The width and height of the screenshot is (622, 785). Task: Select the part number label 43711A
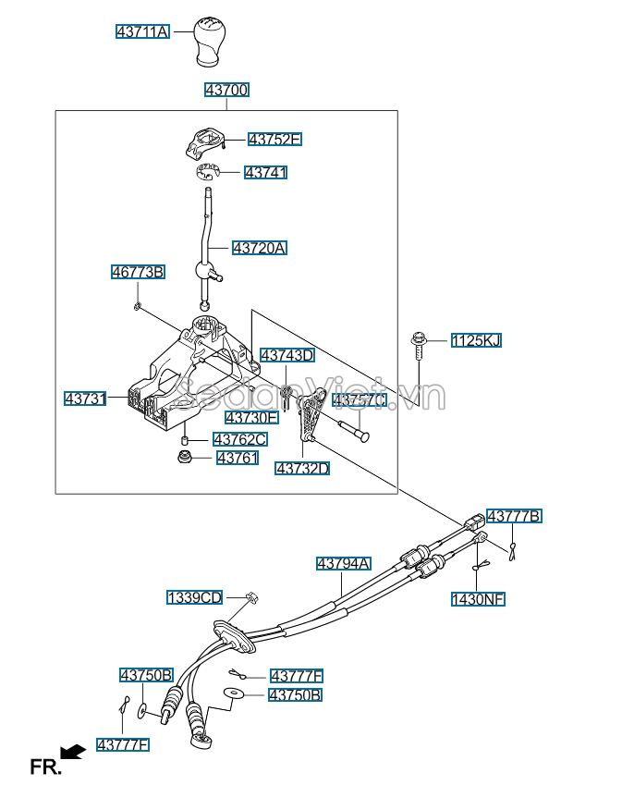point(142,31)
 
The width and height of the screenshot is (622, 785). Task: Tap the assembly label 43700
point(226,90)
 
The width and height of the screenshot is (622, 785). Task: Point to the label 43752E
point(274,140)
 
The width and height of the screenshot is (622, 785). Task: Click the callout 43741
point(265,172)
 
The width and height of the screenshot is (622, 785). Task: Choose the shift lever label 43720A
point(260,248)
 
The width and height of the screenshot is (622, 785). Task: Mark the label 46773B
point(138,272)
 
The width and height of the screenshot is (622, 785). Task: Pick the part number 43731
point(86,399)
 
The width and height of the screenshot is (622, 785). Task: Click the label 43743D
point(287,355)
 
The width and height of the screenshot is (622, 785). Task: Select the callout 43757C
point(359,399)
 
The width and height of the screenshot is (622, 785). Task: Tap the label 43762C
point(239,439)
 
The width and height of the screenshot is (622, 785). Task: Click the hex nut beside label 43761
point(185,457)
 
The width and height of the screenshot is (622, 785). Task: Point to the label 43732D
point(302,469)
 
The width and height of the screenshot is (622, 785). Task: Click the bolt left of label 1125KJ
point(419,347)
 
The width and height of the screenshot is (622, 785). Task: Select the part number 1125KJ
point(476,341)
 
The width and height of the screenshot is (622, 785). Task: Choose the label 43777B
point(514,516)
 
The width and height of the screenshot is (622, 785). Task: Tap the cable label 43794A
point(344,563)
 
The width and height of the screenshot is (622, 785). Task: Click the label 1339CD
point(194,597)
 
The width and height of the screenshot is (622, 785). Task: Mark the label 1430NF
point(478,599)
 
